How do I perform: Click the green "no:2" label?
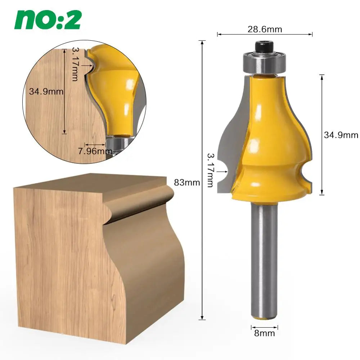pos(48,20)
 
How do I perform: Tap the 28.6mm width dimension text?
pos(265,29)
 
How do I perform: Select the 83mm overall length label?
pos(187,183)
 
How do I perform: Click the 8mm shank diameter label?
pos(264,333)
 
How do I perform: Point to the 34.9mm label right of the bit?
pos(341,135)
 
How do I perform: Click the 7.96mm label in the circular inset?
pos(95,151)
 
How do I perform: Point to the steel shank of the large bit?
pos(264,259)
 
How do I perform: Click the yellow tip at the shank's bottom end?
pos(264,318)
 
